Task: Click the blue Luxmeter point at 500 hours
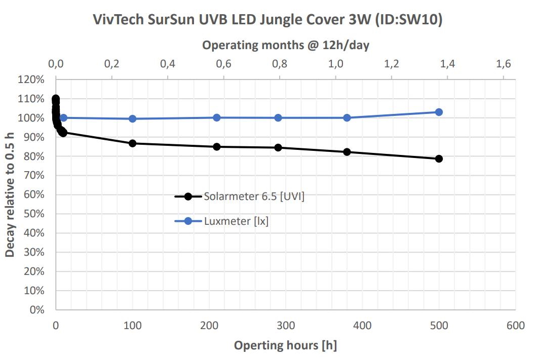(x=439, y=112)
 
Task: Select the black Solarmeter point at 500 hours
(x=439, y=158)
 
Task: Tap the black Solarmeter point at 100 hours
(x=133, y=143)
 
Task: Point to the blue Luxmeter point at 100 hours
(x=133, y=118)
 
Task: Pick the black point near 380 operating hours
(x=347, y=152)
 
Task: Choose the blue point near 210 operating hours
(x=217, y=117)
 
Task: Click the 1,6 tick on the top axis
(x=503, y=64)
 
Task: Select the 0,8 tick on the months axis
(x=280, y=64)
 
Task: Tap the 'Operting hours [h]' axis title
(x=285, y=346)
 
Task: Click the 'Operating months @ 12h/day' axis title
(x=285, y=45)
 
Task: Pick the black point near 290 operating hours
(x=278, y=147)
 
